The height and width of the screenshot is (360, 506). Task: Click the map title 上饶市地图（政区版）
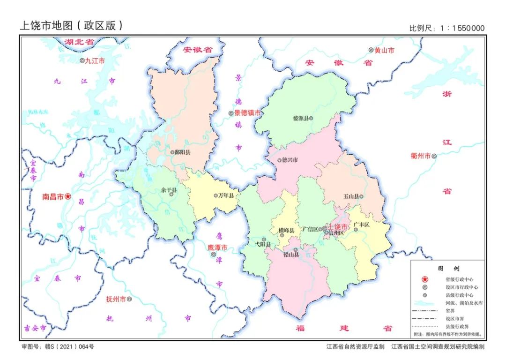71,25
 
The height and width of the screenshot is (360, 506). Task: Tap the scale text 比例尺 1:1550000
447,28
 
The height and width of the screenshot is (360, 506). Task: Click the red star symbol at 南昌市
68,197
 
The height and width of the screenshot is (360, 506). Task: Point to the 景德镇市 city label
247,113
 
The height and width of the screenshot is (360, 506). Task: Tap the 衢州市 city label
420,156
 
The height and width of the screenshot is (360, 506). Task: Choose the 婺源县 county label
300,119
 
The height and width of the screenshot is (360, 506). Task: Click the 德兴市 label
290,159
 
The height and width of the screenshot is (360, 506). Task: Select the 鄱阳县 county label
183,152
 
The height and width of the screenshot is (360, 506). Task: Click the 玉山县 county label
351,196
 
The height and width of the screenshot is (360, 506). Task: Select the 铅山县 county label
290,255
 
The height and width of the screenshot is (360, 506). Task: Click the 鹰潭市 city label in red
217,247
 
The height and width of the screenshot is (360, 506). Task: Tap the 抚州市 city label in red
115,299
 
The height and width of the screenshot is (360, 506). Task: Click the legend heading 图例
448,269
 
